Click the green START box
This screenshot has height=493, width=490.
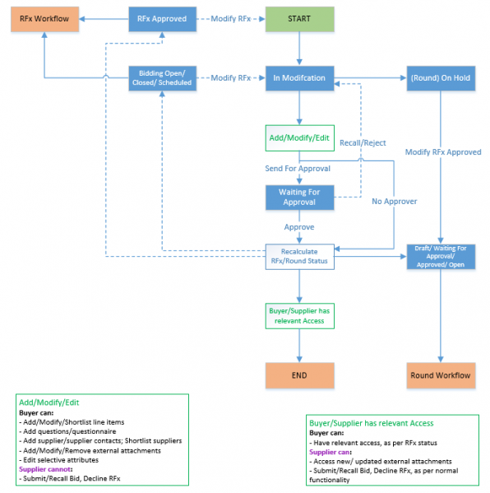tap(298, 19)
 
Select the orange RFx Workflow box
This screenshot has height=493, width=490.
tap(44, 19)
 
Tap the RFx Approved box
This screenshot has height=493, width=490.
tap(162, 19)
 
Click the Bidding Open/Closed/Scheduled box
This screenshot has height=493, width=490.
tap(162, 77)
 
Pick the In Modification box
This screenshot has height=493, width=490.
tap(298, 77)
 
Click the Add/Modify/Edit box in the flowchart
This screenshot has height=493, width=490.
tap(298, 138)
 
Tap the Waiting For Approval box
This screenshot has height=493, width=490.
tap(298, 198)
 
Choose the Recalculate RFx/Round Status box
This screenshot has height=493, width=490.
tap(298, 256)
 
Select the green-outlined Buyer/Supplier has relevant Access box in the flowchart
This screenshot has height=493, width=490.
tap(298, 316)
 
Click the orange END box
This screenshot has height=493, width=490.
tap(298, 374)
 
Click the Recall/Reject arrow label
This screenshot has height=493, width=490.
tap(363, 142)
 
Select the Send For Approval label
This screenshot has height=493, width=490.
tap(298, 168)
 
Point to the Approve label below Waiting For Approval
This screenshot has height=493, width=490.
tap(298, 226)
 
